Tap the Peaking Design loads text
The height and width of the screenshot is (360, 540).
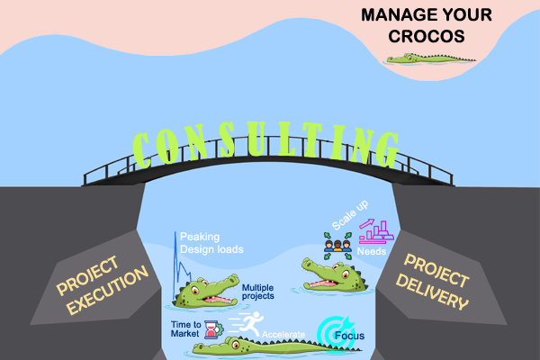pos(211,242)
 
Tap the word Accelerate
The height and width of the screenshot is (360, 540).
pos(283,335)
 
